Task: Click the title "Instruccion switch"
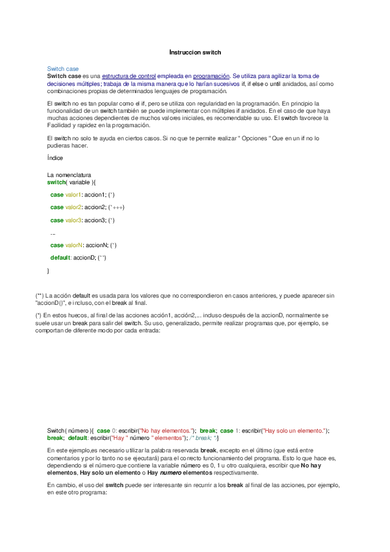point(195,51)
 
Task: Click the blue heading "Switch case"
point(63,69)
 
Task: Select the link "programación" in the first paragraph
point(211,77)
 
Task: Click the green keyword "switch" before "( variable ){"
point(56,182)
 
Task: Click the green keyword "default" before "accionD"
point(60,258)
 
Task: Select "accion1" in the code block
point(95,195)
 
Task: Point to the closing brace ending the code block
point(48,270)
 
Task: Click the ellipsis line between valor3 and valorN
point(52,233)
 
